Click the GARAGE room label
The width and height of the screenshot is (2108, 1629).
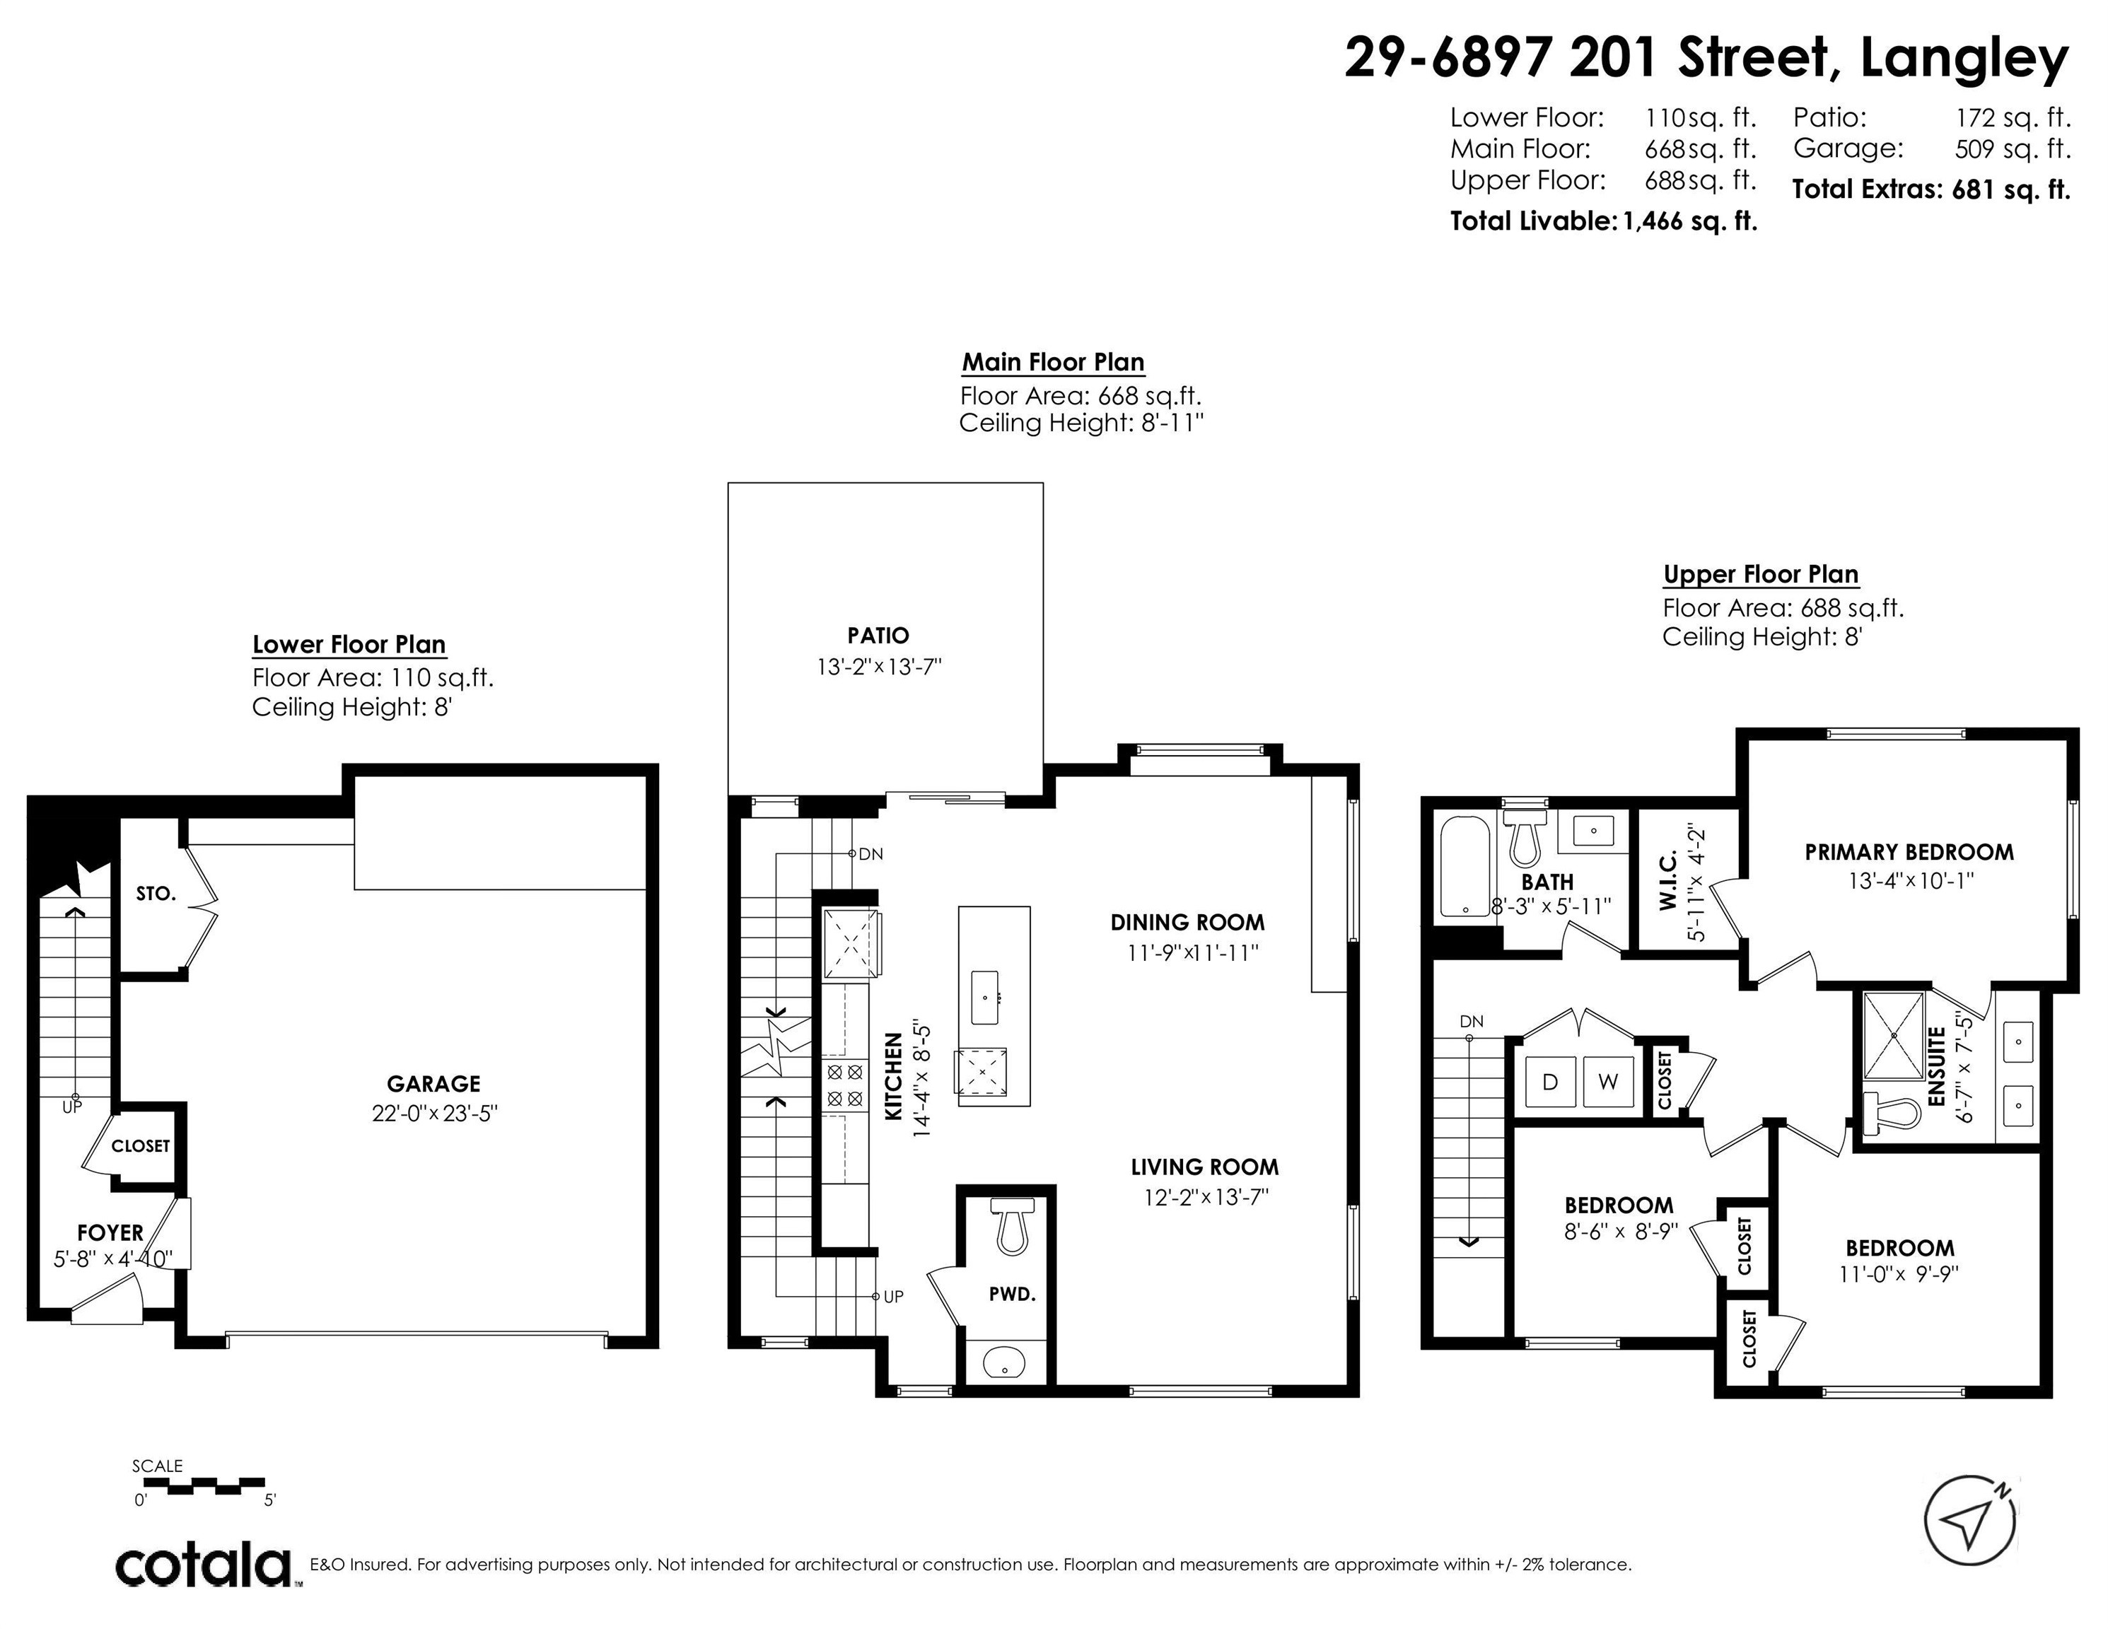(433, 1084)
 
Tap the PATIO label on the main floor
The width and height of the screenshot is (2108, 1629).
(878, 635)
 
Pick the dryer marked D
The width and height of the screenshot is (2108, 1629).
(1550, 1082)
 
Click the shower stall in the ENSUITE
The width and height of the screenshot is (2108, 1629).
(1894, 1034)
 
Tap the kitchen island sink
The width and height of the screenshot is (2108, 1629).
(986, 998)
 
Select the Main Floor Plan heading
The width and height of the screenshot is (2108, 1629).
(1053, 362)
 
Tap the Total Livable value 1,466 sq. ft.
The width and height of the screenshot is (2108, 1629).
(1689, 221)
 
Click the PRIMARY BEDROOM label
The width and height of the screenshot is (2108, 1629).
(1909, 852)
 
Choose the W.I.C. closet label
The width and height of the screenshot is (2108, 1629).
(1671, 881)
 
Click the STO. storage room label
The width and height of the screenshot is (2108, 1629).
(156, 894)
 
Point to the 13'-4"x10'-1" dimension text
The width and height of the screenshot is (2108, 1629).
(1909, 881)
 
